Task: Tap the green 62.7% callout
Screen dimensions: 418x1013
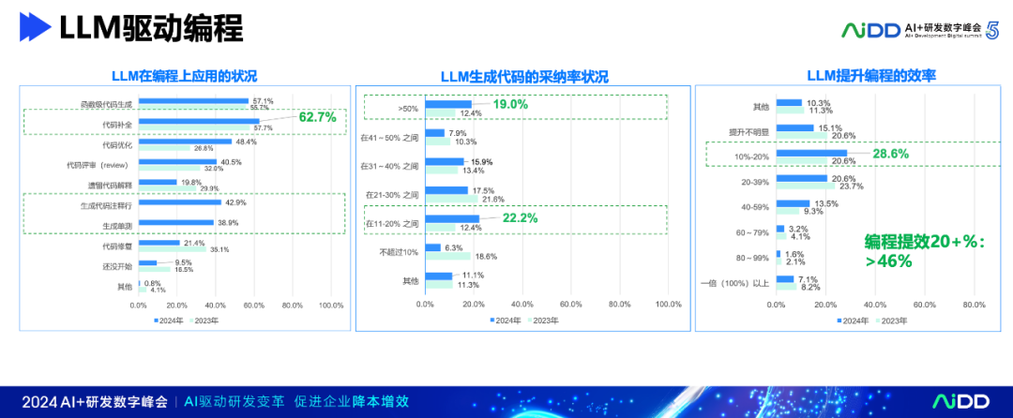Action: (317, 117)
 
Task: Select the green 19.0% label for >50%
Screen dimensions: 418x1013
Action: (510, 105)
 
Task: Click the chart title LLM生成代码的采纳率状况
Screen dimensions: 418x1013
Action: (524, 76)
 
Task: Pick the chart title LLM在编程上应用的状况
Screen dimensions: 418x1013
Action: (185, 76)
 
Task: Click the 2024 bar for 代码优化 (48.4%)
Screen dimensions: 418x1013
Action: (185, 142)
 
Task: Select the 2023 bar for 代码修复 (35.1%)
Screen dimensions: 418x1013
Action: (173, 249)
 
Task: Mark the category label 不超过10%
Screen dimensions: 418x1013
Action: (399, 252)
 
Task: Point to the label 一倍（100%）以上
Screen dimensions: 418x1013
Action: (735, 283)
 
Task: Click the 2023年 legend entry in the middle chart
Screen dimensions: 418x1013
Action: (544, 320)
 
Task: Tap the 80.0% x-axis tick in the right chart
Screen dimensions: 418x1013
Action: (974, 305)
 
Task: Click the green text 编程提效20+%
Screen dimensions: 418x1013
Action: (924, 242)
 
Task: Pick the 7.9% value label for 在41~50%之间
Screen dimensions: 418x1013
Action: (460, 132)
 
